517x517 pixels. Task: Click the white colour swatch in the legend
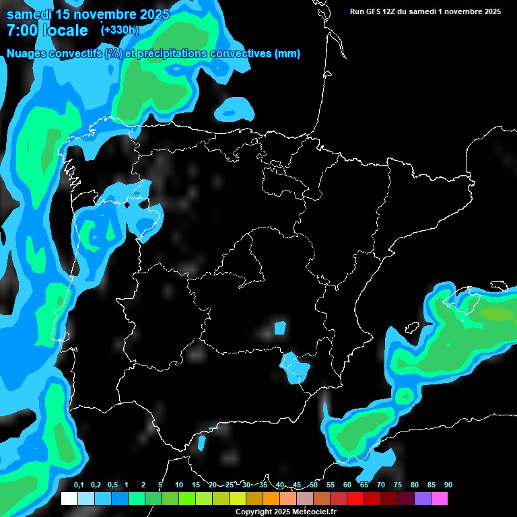pos(69,499)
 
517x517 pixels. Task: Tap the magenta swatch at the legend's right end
pos(440,499)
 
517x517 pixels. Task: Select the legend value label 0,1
pos(79,485)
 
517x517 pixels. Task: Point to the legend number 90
pos(448,485)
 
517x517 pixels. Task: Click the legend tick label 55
pos(331,485)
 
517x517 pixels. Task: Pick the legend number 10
pos(179,485)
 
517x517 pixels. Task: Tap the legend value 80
pos(414,485)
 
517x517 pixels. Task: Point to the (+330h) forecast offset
pos(119,30)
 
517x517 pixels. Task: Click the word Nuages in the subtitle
pos(28,54)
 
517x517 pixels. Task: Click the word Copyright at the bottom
pos(254,512)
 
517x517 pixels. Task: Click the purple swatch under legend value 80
pos(423,499)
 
